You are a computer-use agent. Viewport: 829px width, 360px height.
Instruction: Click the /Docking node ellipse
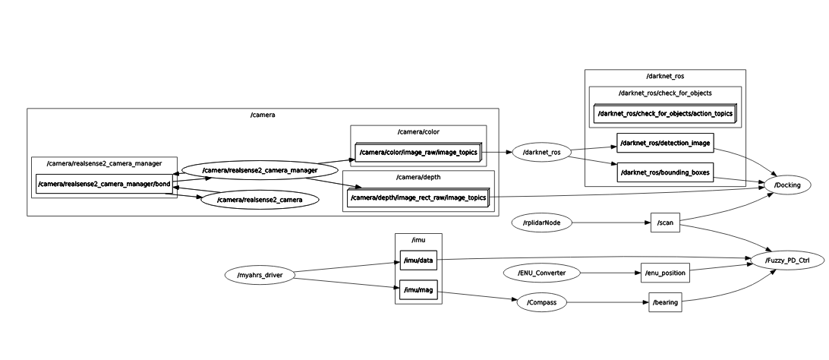tap(787, 185)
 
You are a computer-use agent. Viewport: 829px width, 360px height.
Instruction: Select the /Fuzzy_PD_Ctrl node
tap(787, 260)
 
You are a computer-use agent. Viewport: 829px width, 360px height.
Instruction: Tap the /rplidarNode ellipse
tap(542, 223)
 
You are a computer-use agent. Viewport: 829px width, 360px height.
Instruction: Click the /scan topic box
tap(665, 223)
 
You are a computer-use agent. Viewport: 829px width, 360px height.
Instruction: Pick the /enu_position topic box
tap(665, 273)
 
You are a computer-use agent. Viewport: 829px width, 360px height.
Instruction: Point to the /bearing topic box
tap(665, 302)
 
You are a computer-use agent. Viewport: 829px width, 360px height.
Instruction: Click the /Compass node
tap(542, 302)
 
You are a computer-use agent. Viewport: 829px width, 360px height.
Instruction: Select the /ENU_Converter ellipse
tap(542, 273)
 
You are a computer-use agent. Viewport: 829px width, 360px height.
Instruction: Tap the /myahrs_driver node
tap(260, 275)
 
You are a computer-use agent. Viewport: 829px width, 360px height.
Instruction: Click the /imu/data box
tap(418, 260)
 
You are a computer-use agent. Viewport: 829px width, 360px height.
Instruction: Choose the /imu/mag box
tap(418, 289)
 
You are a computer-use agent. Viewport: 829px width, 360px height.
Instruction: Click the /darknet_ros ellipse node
tap(542, 152)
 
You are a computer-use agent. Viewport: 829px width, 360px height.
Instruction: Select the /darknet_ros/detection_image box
tap(665, 143)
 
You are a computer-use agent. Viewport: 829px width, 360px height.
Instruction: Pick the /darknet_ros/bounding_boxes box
tap(665, 172)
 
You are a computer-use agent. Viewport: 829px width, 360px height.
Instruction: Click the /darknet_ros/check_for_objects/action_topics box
tap(665, 114)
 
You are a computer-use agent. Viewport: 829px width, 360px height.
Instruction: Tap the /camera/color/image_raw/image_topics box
tap(418, 152)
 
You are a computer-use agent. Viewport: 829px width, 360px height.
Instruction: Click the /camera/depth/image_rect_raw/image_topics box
tap(418, 197)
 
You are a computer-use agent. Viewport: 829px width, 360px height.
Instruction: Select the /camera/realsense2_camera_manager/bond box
tap(104, 184)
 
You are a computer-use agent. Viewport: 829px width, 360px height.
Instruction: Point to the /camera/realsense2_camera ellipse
tap(260, 200)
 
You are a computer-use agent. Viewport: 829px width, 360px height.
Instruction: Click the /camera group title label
tap(263, 115)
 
